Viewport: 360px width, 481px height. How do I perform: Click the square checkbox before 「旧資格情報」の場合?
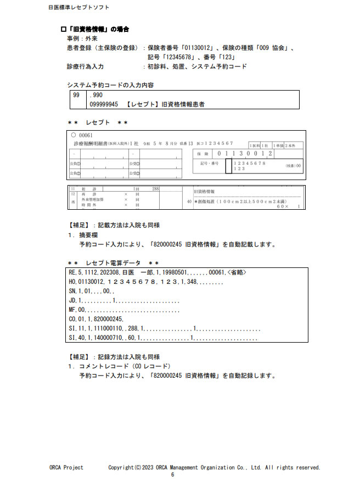click(x=63, y=29)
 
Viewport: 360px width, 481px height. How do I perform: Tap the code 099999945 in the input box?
click(x=103, y=104)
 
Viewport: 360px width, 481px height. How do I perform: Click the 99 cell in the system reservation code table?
click(x=76, y=95)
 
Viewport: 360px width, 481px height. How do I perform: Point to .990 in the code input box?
click(x=95, y=95)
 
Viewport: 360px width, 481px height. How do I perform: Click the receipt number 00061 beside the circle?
click(x=87, y=135)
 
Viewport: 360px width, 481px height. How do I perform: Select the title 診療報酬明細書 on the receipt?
click(x=90, y=143)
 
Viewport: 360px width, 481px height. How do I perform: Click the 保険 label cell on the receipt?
click(x=203, y=154)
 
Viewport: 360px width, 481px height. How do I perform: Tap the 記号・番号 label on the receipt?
click(x=210, y=164)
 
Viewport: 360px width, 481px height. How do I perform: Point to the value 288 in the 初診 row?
click(x=155, y=189)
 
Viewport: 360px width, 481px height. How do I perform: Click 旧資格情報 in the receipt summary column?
click(x=205, y=192)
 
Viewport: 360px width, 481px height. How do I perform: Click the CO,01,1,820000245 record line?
click(x=96, y=318)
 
